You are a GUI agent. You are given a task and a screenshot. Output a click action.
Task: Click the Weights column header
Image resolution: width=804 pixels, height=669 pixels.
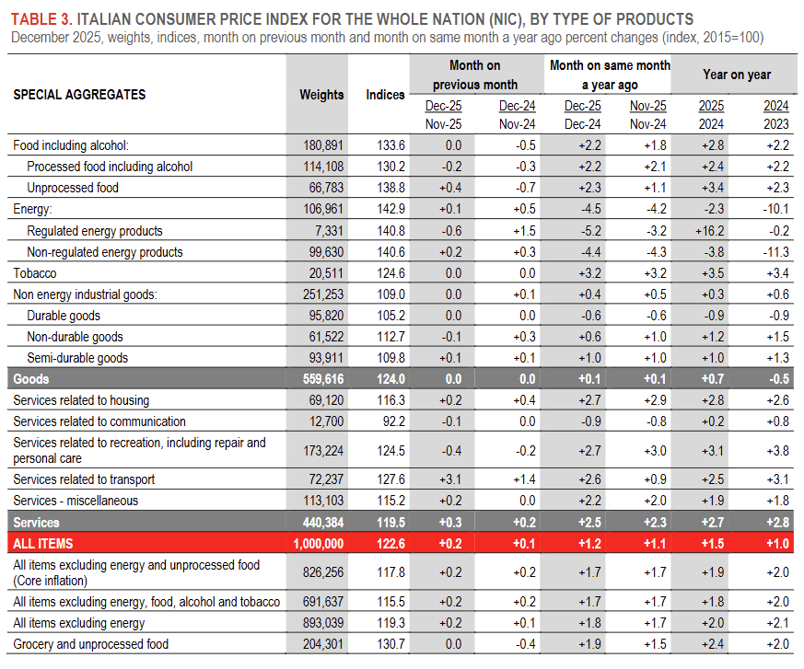[321, 95]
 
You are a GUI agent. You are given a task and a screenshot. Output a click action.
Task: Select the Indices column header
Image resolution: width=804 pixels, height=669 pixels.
[385, 95]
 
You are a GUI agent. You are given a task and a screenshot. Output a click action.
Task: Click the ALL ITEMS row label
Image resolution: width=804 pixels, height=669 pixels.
[42, 544]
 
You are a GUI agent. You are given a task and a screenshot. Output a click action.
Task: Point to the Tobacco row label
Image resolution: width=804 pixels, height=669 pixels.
[35, 273]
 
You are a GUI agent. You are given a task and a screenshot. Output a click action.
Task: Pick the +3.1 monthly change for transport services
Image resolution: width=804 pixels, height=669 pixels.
[452, 479]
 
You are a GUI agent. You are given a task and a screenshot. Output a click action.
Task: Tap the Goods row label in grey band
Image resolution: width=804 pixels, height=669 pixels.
[31, 379]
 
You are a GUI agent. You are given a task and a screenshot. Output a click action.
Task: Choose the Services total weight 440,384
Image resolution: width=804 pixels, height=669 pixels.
[320, 523]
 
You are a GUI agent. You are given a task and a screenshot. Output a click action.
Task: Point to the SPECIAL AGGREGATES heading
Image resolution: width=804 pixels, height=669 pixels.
[79, 95]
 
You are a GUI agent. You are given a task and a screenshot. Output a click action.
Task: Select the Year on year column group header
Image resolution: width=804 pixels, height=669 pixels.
[737, 75]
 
